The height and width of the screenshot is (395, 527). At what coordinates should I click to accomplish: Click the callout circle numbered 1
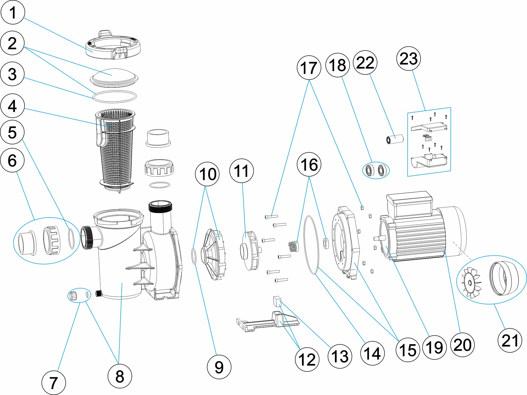(13, 12)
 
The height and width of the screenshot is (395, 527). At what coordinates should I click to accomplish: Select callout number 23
(408, 58)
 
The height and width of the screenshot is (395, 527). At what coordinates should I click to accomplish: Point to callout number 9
(219, 367)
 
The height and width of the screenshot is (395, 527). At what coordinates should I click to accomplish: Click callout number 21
(510, 340)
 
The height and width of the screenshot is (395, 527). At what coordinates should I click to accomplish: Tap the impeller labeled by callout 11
(249, 250)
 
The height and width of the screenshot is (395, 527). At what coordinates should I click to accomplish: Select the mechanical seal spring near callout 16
(294, 247)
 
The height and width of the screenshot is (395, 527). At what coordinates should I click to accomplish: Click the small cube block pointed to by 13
(277, 302)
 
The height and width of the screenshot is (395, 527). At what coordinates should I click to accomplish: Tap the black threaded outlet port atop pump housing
(160, 207)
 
